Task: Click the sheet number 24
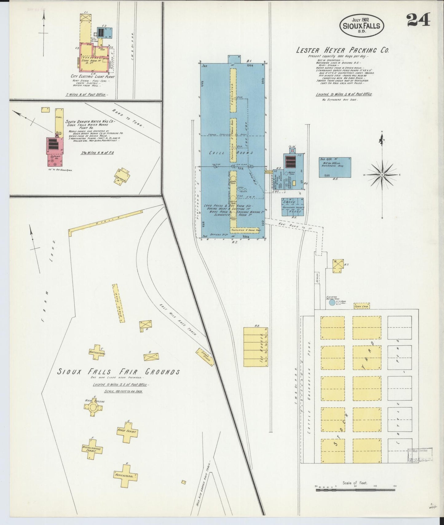point(418,21)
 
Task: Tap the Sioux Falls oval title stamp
point(361,26)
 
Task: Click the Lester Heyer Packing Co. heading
point(342,50)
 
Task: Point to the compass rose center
point(382,175)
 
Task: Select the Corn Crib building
point(361,306)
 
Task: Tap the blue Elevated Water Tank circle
point(332,303)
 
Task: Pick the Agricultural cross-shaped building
point(125,476)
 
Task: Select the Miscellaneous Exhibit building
point(92,449)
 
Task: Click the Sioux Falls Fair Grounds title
point(119,372)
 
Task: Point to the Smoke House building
point(293,207)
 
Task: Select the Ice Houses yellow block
point(255,347)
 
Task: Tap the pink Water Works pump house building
point(55,146)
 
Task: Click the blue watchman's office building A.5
point(335,167)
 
